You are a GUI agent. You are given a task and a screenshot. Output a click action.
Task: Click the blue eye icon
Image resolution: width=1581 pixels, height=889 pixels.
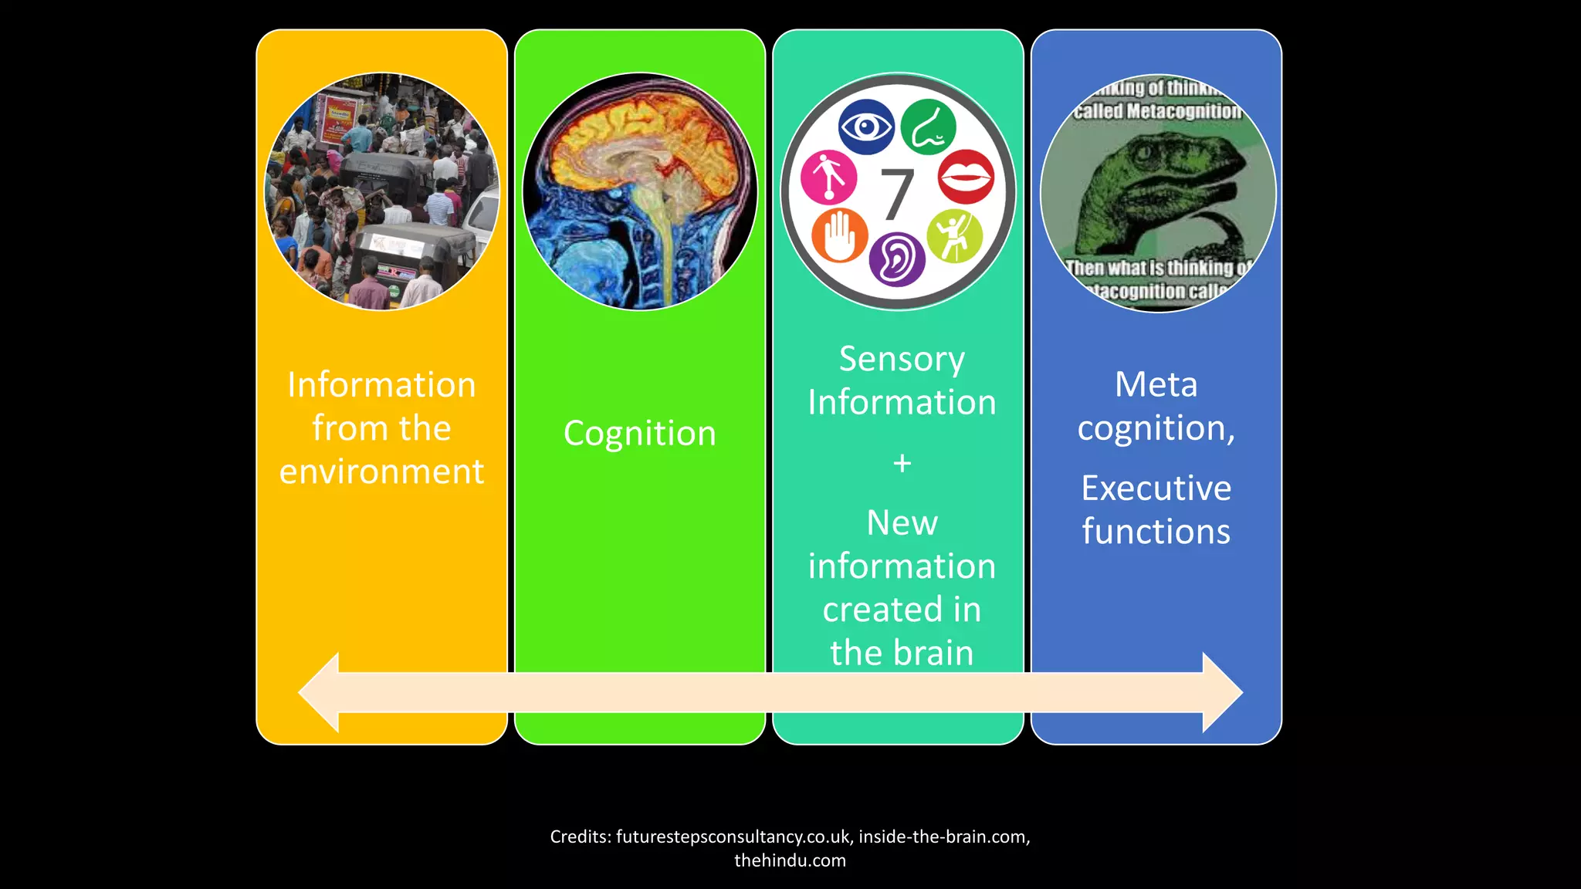(x=866, y=127)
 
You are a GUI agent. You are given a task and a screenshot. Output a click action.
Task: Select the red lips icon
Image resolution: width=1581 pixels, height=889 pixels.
(x=966, y=177)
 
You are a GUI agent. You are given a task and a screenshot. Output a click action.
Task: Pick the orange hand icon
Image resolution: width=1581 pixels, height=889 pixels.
(x=839, y=235)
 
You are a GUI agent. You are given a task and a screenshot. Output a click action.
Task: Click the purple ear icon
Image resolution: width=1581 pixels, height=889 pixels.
(x=897, y=259)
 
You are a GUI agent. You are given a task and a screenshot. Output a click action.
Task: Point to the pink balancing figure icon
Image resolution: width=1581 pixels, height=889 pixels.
(x=828, y=177)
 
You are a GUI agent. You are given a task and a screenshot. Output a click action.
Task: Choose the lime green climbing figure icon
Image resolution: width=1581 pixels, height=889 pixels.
(x=954, y=235)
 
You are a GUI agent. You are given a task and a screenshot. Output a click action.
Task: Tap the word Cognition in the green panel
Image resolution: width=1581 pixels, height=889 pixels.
(x=639, y=434)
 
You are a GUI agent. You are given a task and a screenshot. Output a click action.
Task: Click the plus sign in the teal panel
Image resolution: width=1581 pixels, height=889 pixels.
(x=902, y=463)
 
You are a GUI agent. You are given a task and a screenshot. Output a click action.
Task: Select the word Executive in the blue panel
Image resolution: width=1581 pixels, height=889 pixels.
(x=1156, y=488)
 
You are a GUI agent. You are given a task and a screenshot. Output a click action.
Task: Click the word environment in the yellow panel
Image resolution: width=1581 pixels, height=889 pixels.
(x=381, y=472)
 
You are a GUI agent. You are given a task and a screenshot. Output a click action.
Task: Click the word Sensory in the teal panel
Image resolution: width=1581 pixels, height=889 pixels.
(x=902, y=360)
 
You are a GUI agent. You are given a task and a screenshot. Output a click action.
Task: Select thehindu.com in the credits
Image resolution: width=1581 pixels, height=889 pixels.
(x=790, y=860)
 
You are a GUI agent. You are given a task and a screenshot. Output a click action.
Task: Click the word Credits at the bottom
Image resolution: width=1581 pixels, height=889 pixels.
(x=580, y=837)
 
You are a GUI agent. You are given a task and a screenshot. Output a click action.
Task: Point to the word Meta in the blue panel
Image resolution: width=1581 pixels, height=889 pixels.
(x=1156, y=384)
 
